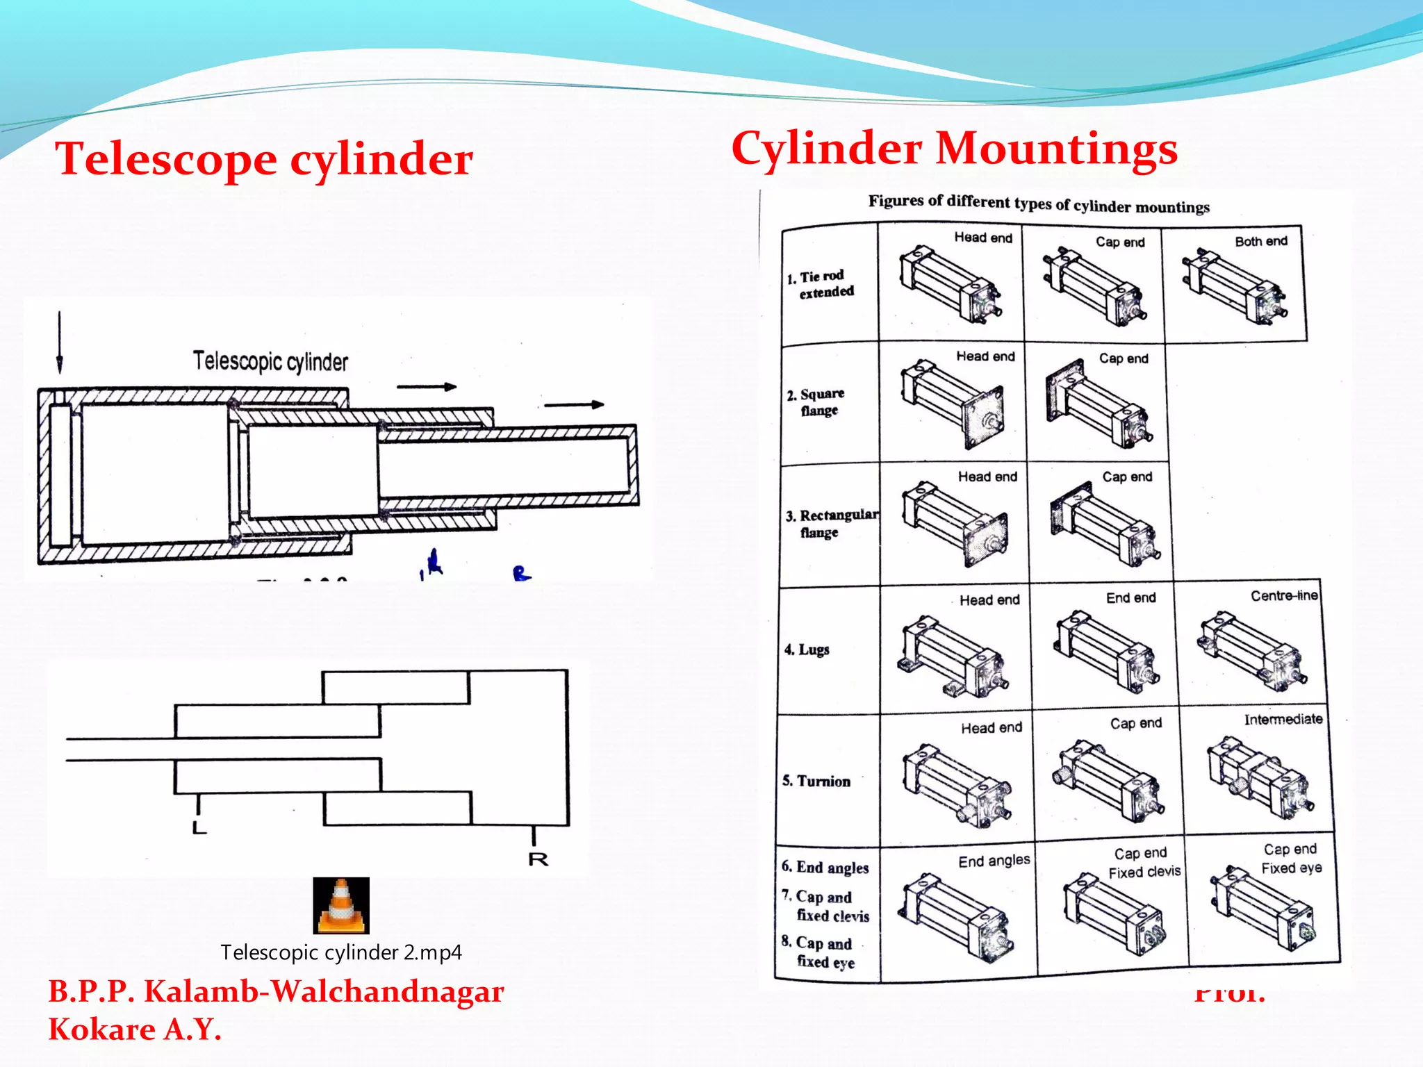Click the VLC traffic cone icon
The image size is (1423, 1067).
point(340,906)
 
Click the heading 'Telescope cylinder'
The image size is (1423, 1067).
point(264,159)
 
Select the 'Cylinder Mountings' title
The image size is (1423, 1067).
point(954,149)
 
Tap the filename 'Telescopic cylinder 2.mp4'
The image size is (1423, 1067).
point(340,952)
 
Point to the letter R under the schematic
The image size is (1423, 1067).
point(538,860)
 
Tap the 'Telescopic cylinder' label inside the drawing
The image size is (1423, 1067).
point(270,361)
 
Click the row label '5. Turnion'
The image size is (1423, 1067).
point(816,781)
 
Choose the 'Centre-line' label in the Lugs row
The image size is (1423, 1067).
point(1284,596)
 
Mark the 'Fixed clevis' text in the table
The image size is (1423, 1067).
point(1144,872)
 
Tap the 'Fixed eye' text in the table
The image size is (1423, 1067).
point(1291,868)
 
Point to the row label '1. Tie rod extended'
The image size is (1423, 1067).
point(821,284)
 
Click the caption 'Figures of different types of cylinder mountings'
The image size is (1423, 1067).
point(1038,204)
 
